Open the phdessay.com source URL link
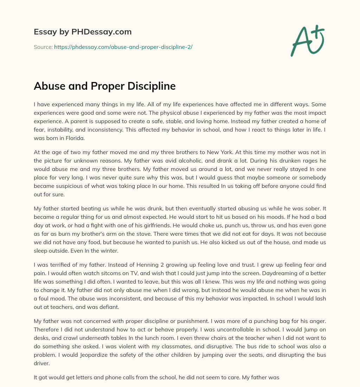[x=123, y=47]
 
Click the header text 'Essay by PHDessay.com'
[x=83, y=32]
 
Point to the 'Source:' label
[x=43, y=47]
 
